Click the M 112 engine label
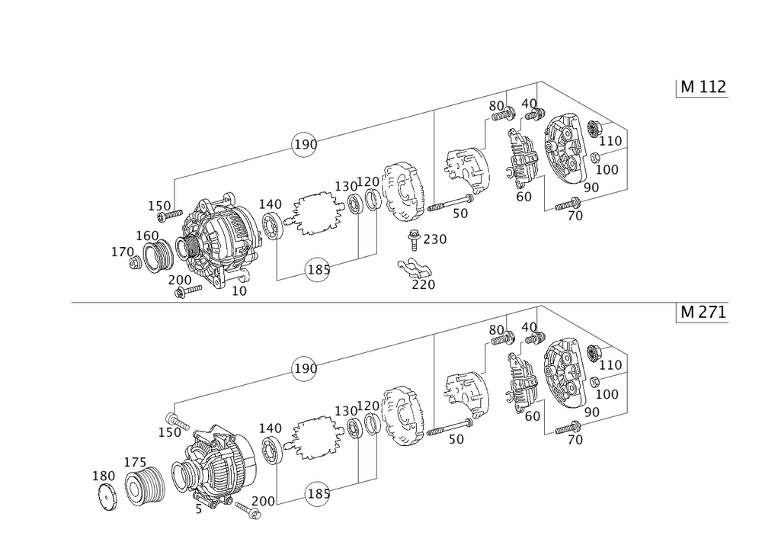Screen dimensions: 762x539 pos(703,87)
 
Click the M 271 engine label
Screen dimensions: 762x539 pos(703,312)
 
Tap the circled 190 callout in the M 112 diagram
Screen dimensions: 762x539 pos(305,144)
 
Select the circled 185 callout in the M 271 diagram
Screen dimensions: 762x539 pos(319,494)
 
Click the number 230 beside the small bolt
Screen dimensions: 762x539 pos(434,239)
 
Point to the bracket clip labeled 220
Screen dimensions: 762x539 pos(415,268)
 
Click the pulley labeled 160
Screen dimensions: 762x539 pos(158,256)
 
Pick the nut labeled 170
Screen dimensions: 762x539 pos(134,263)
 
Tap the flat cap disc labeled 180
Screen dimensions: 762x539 pos(107,498)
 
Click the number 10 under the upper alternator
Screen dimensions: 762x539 pos(239,291)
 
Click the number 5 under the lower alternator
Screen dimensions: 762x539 pos(198,509)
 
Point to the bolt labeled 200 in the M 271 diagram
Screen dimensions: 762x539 pos(248,510)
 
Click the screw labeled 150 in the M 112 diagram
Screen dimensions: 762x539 pos(172,214)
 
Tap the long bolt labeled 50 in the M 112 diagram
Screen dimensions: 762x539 pos(450,203)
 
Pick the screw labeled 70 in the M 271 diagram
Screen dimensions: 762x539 pos(568,428)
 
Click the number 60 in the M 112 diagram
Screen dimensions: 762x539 pos(524,197)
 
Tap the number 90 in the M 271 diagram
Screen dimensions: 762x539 pos(591,412)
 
